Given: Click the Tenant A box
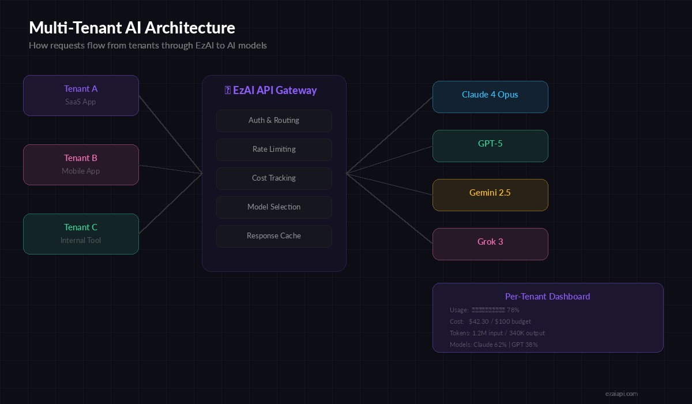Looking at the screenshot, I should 81,95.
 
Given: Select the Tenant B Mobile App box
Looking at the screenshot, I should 81,164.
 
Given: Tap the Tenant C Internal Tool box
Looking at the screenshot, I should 81,234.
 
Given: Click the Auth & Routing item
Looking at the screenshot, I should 274,121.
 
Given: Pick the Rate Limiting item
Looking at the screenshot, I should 274,149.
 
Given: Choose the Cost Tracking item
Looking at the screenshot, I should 274,178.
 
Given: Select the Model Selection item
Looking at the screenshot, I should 274,207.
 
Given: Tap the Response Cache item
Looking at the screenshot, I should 274,236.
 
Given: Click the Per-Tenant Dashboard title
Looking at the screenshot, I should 547,297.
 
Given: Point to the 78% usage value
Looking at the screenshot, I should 513,310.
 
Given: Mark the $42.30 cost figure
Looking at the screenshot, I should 479,321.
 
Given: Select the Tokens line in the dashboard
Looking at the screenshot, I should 497,333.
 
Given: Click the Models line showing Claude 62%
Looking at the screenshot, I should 494,345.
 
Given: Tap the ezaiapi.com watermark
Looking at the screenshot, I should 621,394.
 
